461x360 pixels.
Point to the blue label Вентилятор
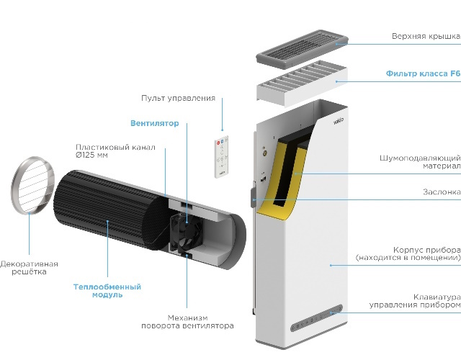154,124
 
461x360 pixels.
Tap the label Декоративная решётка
29,268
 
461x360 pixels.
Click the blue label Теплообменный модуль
107,291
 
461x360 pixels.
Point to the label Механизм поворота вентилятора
200,321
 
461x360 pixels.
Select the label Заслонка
442,192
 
